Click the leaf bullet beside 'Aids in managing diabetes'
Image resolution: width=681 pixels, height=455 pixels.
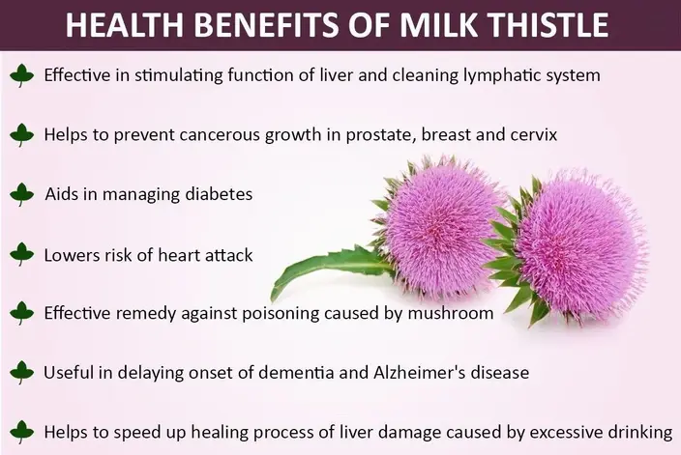tap(21, 194)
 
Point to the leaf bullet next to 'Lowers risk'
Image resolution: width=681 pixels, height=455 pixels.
tap(21, 254)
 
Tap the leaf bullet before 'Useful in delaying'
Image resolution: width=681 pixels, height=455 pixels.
tap(21, 372)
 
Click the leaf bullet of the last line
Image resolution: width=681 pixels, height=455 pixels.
tap(21, 431)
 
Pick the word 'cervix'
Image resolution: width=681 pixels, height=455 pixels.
tap(533, 134)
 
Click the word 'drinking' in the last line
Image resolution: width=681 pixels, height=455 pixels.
tap(641, 432)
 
